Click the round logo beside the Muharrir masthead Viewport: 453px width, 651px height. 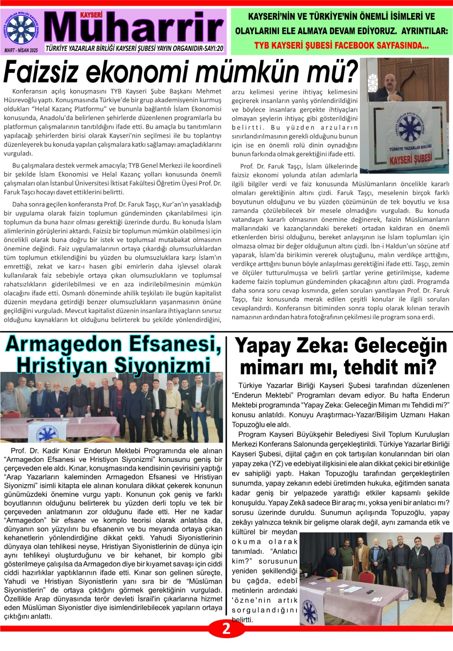coord(22,30)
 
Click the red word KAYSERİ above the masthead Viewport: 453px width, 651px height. coord(91,15)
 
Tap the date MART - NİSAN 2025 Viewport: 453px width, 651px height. coord(21,50)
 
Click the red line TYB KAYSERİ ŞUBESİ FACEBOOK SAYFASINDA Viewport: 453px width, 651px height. coord(341,46)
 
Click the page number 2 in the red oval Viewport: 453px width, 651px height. coord(226,629)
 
